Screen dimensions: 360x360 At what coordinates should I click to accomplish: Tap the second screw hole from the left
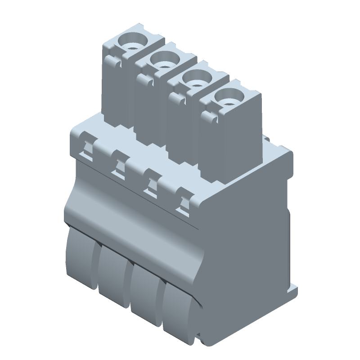coord(165,60)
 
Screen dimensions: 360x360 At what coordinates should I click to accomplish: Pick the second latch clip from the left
coord(119,164)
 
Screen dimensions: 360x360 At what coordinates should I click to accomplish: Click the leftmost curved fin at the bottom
coord(81,256)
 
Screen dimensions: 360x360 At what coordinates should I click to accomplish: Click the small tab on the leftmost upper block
coord(114,63)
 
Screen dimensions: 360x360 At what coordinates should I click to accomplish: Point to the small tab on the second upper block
coord(145,80)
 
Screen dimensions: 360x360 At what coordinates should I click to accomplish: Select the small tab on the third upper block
coord(176,98)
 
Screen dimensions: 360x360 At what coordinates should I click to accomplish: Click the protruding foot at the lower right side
coord(293,291)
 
